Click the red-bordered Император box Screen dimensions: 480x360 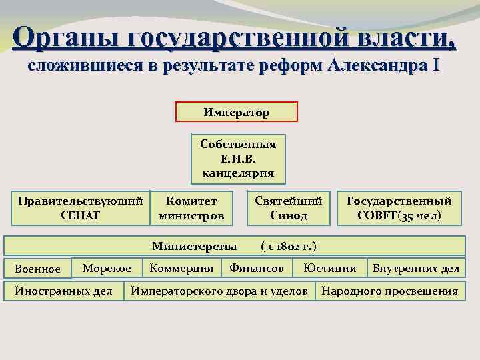(236, 112)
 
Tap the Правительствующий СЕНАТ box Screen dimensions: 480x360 (80, 208)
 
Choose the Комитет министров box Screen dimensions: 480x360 (191, 208)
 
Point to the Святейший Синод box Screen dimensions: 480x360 (289, 208)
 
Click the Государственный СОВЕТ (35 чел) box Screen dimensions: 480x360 (399, 208)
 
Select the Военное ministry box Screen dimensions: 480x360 (38, 269)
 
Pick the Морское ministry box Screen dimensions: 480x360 (107, 268)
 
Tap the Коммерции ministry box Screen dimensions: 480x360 (181, 268)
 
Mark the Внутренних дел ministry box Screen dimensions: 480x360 (415, 268)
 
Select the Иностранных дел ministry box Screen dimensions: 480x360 (63, 291)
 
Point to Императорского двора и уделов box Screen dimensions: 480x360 (219, 291)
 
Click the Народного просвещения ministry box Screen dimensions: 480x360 (390, 291)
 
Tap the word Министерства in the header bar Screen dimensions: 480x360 (194, 246)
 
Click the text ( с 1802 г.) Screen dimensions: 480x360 (287, 246)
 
